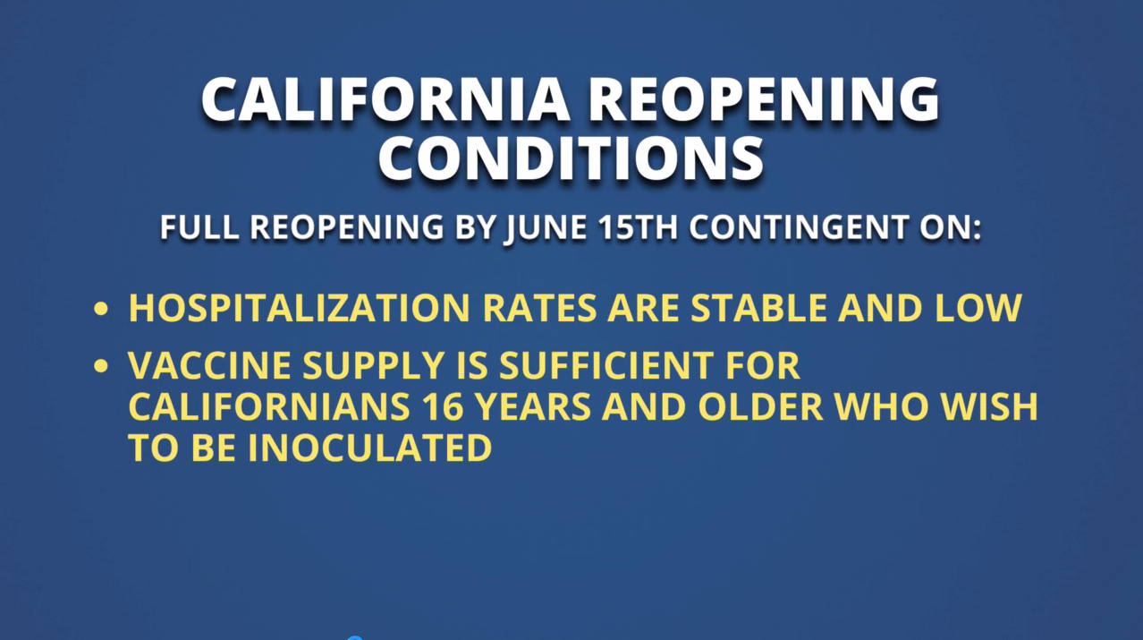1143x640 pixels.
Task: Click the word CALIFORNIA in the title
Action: point(385,99)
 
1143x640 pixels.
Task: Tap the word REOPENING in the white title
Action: point(766,99)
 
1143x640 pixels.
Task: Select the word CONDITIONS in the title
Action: point(571,158)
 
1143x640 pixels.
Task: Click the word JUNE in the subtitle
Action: point(546,227)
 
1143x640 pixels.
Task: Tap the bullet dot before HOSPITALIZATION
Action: point(101,309)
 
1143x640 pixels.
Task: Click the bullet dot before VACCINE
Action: point(101,366)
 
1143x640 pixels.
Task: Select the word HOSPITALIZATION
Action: point(299,308)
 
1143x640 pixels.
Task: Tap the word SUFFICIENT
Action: point(606,365)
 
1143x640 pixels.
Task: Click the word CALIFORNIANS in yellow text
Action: point(269,406)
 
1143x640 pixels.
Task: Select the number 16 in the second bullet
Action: point(444,406)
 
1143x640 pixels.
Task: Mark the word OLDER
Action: point(760,406)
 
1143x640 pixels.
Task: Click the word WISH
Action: point(989,406)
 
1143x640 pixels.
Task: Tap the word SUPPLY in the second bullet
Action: point(373,365)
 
